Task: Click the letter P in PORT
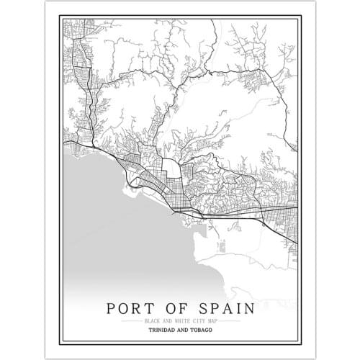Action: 111,309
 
